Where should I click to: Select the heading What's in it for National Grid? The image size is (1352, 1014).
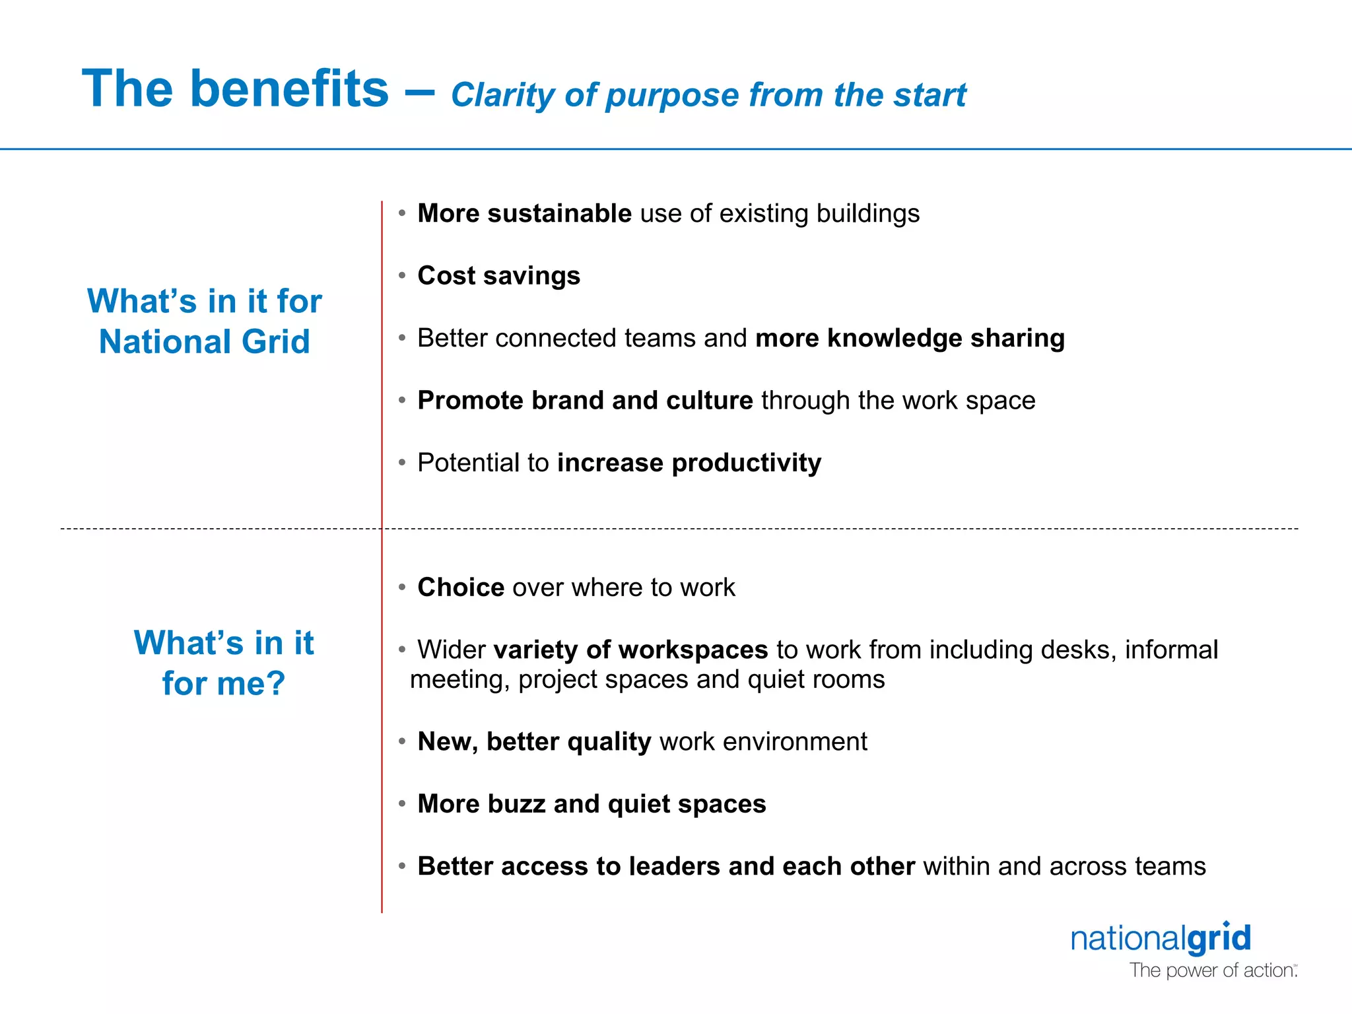point(204,321)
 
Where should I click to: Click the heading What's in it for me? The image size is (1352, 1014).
point(224,663)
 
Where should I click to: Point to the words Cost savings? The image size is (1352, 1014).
point(498,276)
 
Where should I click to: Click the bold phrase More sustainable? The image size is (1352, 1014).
point(525,214)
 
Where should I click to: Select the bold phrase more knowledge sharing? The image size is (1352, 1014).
point(910,338)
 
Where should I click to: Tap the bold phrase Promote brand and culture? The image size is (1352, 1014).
point(585,401)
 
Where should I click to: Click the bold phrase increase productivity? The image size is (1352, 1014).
point(689,463)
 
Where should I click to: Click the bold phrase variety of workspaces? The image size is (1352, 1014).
point(630,650)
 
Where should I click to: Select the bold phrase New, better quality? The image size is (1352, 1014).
point(534,742)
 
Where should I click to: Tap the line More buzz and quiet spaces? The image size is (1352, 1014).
point(591,804)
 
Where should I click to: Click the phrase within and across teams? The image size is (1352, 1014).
point(1064,867)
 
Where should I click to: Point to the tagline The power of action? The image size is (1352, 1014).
point(1213,970)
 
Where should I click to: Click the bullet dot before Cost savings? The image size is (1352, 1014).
point(401,276)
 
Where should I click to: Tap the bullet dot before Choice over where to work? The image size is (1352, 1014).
point(401,588)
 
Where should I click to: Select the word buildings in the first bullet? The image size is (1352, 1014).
point(867,214)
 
